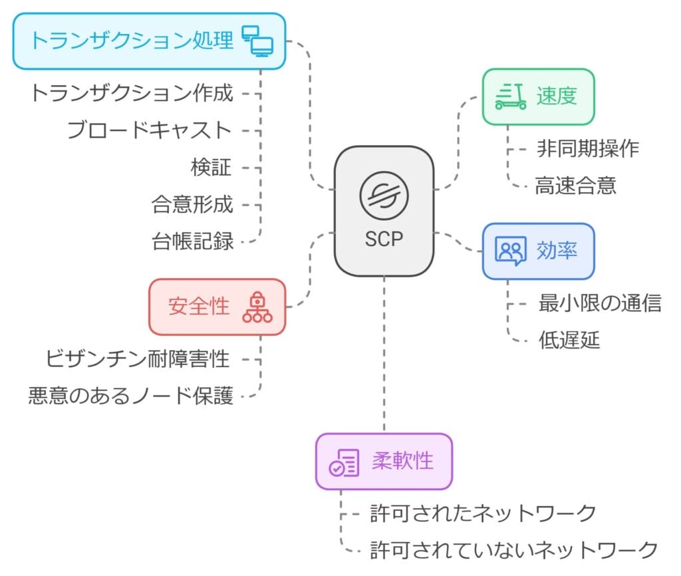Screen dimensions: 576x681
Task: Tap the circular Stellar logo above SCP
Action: pyautogui.click(x=383, y=195)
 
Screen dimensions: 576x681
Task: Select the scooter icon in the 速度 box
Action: pyautogui.click(x=511, y=96)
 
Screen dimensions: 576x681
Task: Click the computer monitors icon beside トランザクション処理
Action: pyautogui.click(x=257, y=41)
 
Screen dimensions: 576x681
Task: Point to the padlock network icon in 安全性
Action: pyautogui.click(x=257, y=307)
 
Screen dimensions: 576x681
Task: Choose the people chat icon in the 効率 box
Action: pyautogui.click(x=511, y=251)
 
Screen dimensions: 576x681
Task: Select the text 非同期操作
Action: pyautogui.click(x=588, y=148)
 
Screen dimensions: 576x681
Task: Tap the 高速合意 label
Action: pyautogui.click(x=575, y=186)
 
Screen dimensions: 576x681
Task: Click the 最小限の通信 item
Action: pyautogui.click(x=600, y=303)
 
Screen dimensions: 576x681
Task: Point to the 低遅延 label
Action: pyautogui.click(x=569, y=341)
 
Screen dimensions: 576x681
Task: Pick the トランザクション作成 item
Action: pyautogui.click(x=131, y=93)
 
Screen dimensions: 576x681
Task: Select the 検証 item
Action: pyautogui.click(x=211, y=168)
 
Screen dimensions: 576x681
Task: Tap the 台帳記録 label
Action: pyautogui.click(x=193, y=241)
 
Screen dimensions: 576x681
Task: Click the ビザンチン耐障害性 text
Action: pyautogui.click(x=138, y=359)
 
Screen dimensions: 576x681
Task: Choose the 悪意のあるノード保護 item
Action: pyautogui.click(x=131, y=396)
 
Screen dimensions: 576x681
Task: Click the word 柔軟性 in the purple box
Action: pyautogui.click(x=402, y=461)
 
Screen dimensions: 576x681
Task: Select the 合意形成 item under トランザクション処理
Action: pyautogui.click(x=193, y=205)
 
